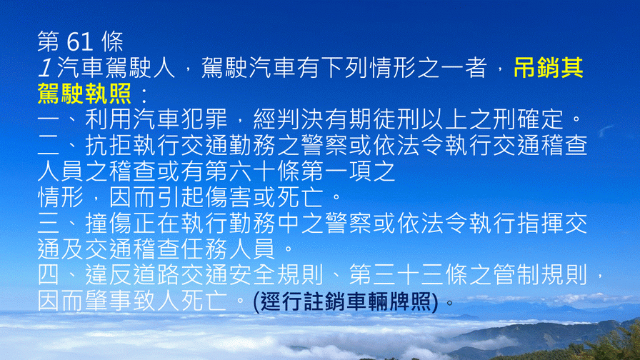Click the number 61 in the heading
[x=79, y=41]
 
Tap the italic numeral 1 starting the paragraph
[x=44, y=68]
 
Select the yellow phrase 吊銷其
[x=548, y=68]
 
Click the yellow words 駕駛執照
[x=84, y=94]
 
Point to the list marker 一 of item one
[x=49, y=120]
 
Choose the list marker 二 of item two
[x=49, y=146]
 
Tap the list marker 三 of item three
[x=49, y=224]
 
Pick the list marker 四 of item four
[x=49, y=275]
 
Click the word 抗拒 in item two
[x=109, y=146]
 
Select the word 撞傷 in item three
[x=109, y=224]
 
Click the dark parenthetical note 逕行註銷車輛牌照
[x=346, y=302]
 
